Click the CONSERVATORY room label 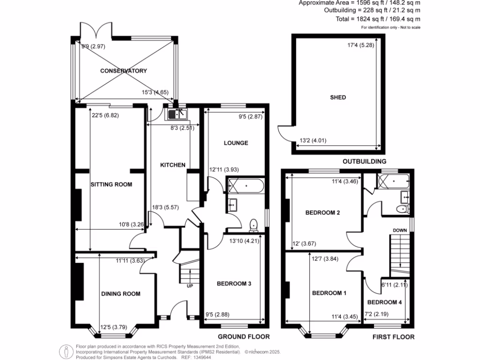(x=123, y=71)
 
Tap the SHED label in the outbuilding (x=338, y=97)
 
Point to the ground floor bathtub (x=246, y=187)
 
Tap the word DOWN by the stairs (x=400, y=230)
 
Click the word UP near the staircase (x=190, y=286)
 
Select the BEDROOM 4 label (x=384, y=302)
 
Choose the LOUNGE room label (x=236, y=143)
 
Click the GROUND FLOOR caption (x=244, y=337)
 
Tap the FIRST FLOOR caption (x=393, y=337)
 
